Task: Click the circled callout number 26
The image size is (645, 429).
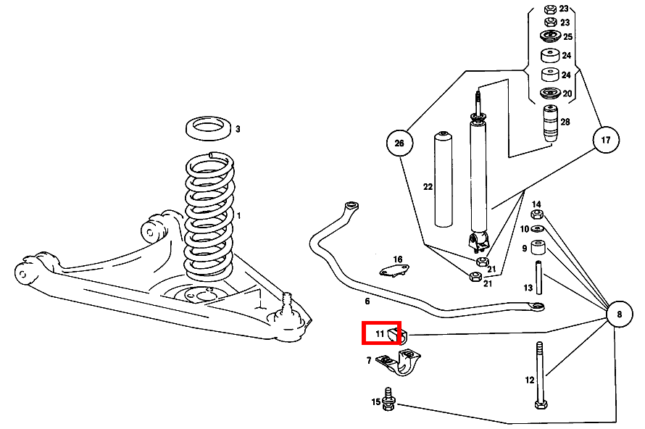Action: pyautogui.click(x=399, y=143)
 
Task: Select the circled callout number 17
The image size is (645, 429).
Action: pyautogui.click(x=606, y=141)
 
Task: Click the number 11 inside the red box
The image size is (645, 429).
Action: pyautogui.click(x=380, y=334)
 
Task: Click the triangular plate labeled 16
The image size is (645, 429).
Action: pyautogui.click(x=395, y=271)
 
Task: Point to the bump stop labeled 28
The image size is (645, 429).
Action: pyautogui.click(x=550, y=121)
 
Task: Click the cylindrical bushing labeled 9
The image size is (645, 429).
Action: pyautogui.click(x=538, y=249)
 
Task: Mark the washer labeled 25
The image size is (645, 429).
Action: pyautogui.click(x=549, y=36)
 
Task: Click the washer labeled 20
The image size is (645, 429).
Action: pyautogui.click(x=549, y=93)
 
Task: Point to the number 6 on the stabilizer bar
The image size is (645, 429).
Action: pyautogui.click(x=367, y=301)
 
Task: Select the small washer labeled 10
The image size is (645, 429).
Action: pyautogui.click(x=537, y=229)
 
